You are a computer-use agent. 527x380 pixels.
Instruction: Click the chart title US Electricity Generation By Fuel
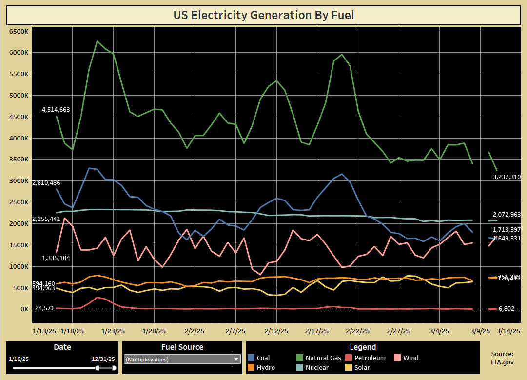pos(263,15)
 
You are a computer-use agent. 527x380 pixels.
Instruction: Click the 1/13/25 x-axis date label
pos(44,330)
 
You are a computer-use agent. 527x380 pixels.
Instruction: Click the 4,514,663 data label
pos(56,110)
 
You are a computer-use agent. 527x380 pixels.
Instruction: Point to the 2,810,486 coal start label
pos(47,182)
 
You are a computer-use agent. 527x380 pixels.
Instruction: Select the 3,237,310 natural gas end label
pos(507,177)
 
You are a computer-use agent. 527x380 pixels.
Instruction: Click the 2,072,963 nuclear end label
pos(507,214)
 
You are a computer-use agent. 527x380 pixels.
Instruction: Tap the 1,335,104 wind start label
pos(56,258)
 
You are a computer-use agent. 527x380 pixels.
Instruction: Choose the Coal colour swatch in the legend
pos(251,358)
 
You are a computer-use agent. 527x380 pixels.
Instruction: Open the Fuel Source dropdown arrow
pos(236,359)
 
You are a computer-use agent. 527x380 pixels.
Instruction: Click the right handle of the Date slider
pos(114,368)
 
